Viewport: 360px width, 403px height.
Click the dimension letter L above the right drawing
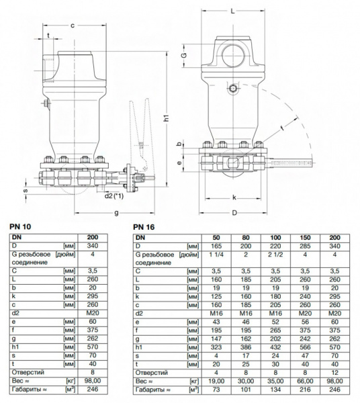click(x=232, y=11)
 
